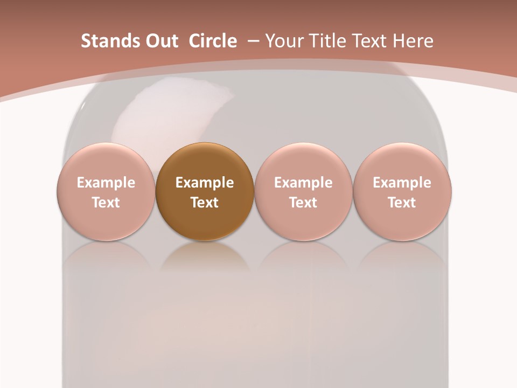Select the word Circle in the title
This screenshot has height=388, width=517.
pos(213,41)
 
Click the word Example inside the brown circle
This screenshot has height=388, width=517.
pos(205,183)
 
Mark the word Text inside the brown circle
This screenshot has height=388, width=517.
pos(205,203)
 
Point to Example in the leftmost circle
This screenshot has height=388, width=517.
pos(106,183)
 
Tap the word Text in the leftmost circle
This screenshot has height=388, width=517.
pos(106,203)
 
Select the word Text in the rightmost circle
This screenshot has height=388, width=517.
pos(402,203)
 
